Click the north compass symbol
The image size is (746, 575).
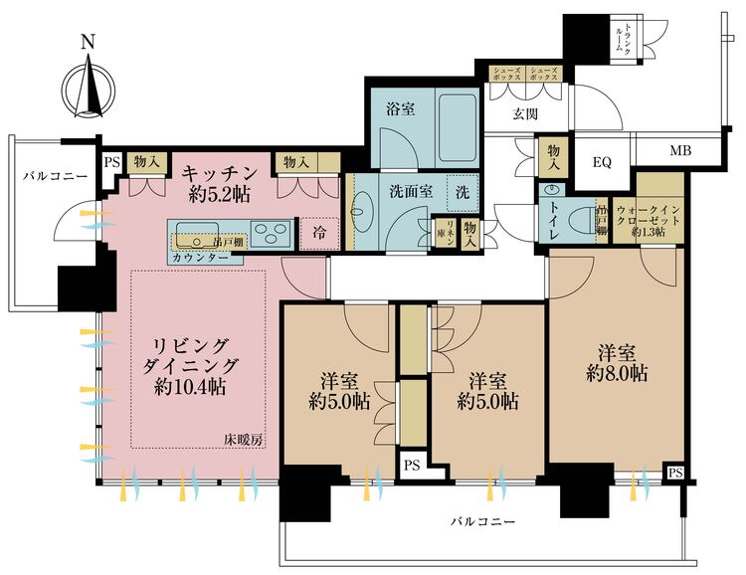point(89,84)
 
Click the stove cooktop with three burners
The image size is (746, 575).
point(270,234)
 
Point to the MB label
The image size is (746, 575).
point(679,151)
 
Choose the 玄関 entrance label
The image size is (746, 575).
point(525,114)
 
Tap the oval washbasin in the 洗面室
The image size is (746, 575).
point(359,211)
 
